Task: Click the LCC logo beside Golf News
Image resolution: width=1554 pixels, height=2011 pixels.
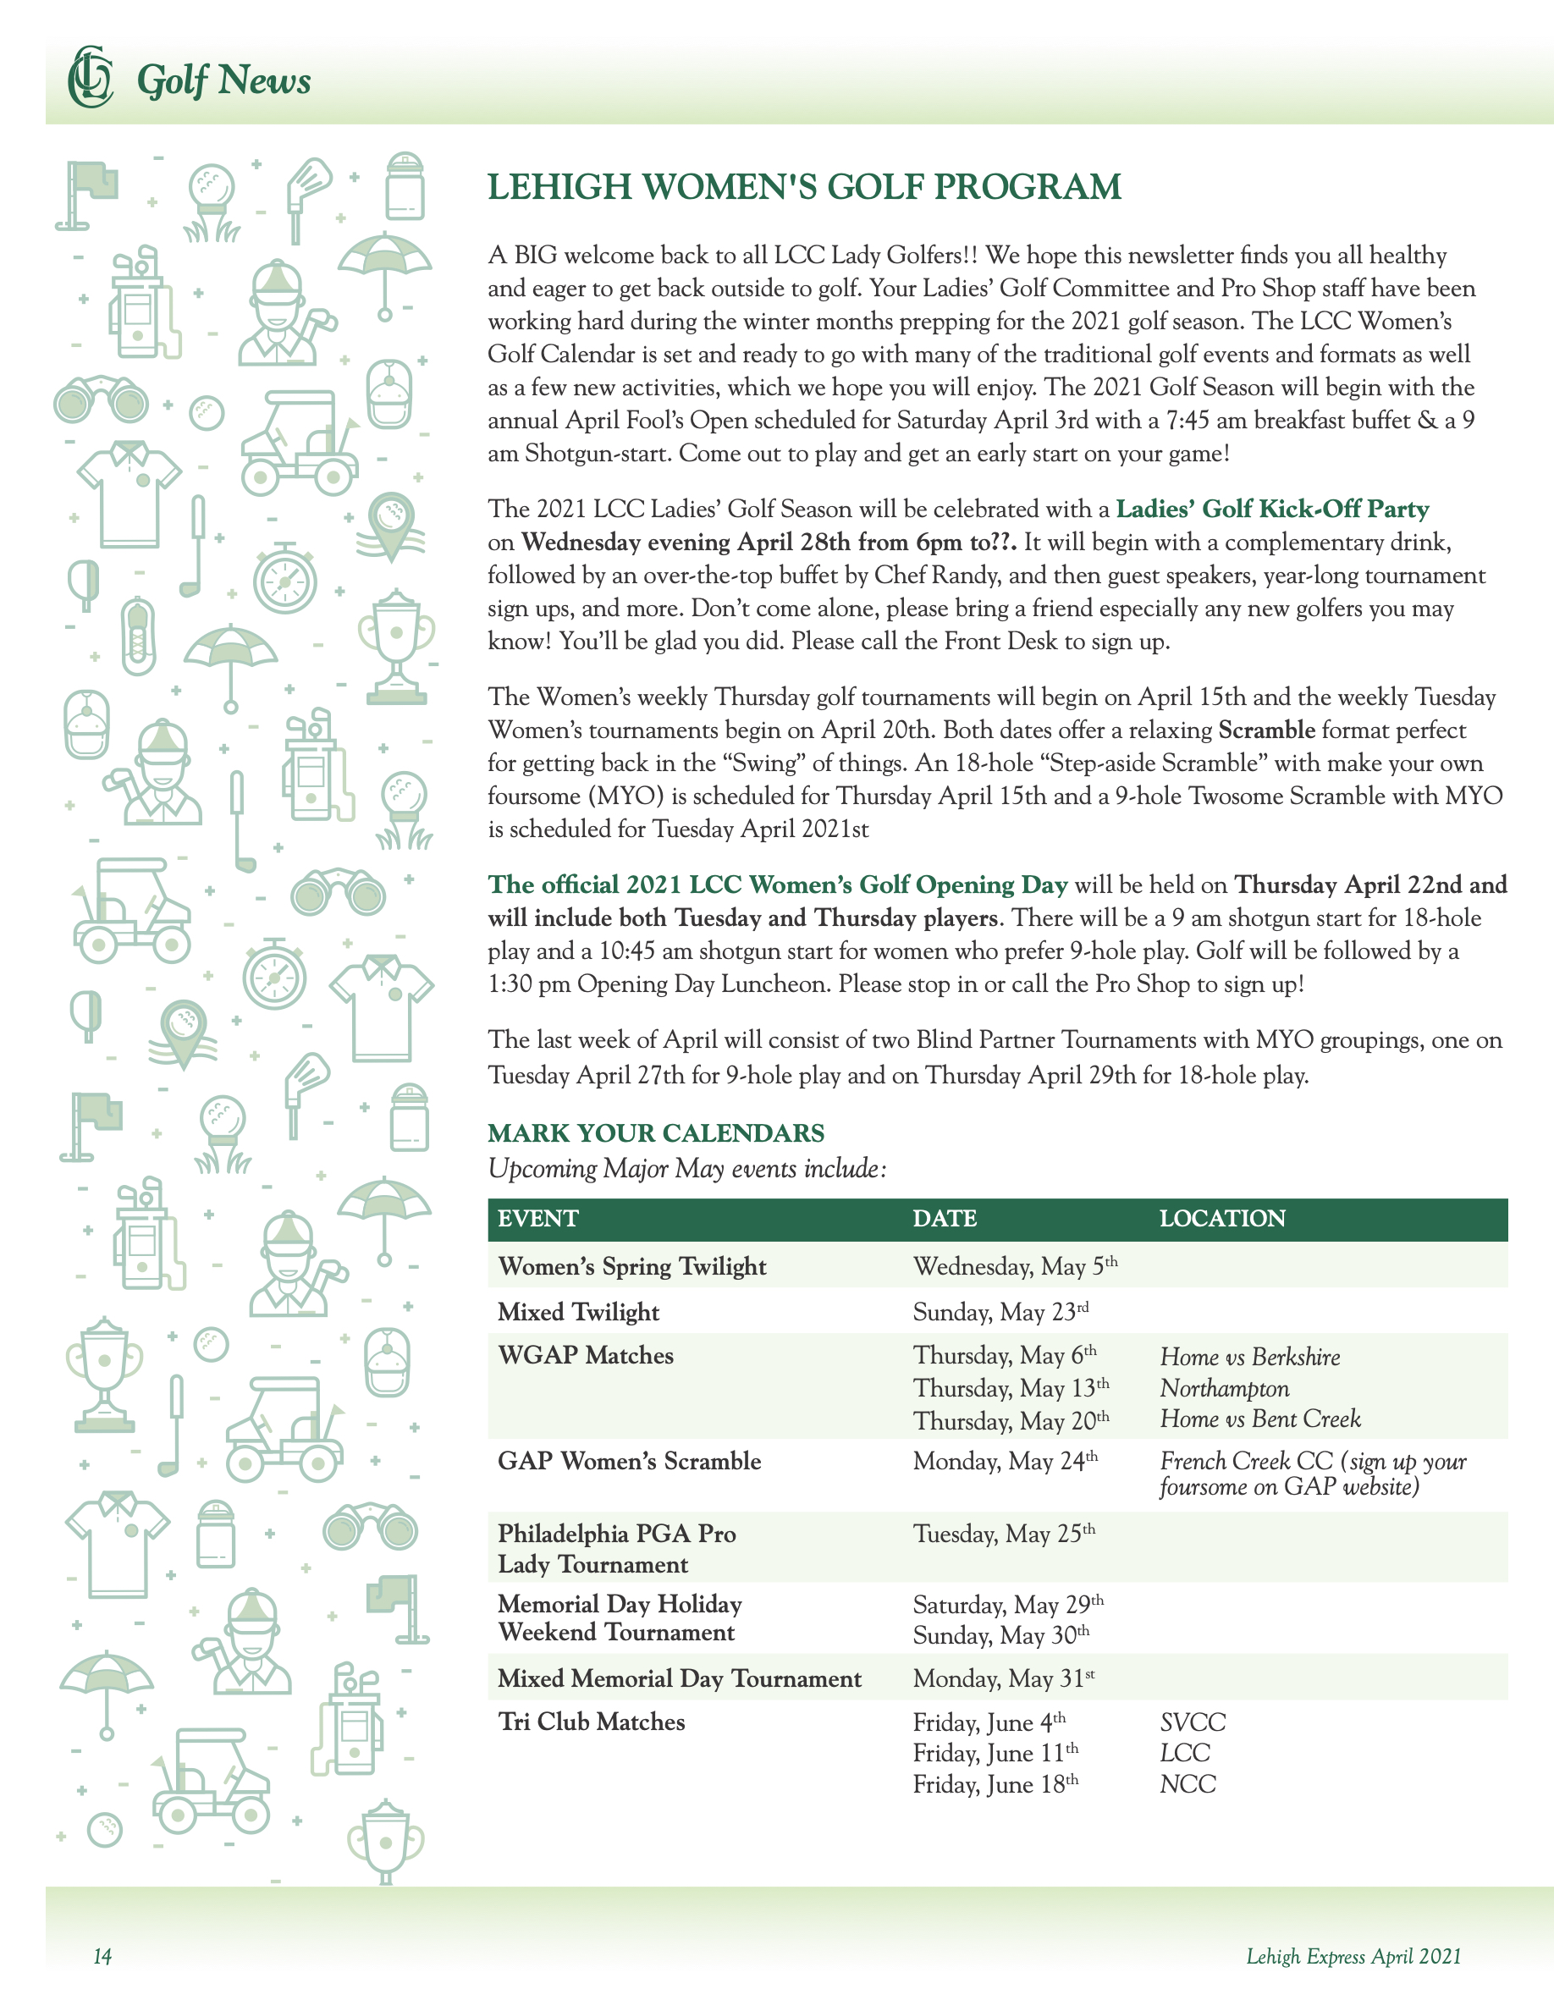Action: (90, 77)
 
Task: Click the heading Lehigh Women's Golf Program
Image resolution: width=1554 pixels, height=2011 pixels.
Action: (804, 187)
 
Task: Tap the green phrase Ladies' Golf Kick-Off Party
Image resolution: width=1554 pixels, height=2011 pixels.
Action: (1271, 510)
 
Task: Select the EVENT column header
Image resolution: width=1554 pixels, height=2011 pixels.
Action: (537, 1218)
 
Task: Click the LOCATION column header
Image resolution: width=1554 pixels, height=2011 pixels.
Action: (1221, 1218)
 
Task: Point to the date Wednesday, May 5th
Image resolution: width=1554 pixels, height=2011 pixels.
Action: (1015, 1266)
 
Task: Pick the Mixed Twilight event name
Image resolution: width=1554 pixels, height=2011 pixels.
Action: (578, 1311)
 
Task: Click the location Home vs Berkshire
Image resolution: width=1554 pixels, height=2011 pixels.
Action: (1249, 1356)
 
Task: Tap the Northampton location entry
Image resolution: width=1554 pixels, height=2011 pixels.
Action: (1224, 1387)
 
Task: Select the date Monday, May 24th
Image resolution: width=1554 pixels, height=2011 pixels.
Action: (1005, 1462)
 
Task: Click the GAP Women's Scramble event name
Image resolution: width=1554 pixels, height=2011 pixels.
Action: (629, 1462)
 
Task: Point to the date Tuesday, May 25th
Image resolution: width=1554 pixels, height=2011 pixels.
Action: (1004, 1534)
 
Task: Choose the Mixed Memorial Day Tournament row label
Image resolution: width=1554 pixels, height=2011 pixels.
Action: (680, 1678)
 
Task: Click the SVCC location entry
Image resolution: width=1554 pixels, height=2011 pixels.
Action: (1193, 1722)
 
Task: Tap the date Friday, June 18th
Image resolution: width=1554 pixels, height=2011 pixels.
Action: (995, 1784)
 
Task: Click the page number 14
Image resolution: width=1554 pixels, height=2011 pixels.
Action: (102, 1957)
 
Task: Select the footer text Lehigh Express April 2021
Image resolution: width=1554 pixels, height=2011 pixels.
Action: (1353, 1957)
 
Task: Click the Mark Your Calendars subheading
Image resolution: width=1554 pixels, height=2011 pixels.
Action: (655, 1132)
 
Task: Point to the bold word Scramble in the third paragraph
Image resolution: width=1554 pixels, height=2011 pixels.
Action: (1266, 730)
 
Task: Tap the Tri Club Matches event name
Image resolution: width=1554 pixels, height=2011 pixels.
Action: (591, 1722)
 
